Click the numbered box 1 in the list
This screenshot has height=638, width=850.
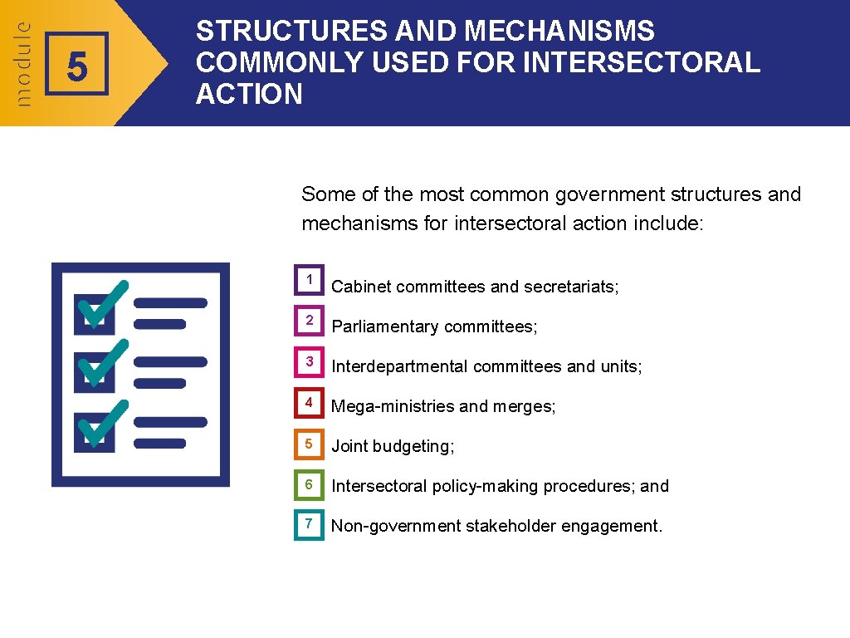[309, 280]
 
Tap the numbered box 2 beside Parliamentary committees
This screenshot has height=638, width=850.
[309, 320]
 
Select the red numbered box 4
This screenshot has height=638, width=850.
[309, 403]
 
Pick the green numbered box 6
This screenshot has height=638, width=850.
[309, 484]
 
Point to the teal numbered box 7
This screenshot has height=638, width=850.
[309, 524]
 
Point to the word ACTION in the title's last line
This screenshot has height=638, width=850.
[249, 94]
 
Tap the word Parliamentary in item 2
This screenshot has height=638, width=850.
[385, 326]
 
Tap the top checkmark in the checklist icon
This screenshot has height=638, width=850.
[102, 306]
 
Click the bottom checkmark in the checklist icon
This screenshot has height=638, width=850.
[102, 424]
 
